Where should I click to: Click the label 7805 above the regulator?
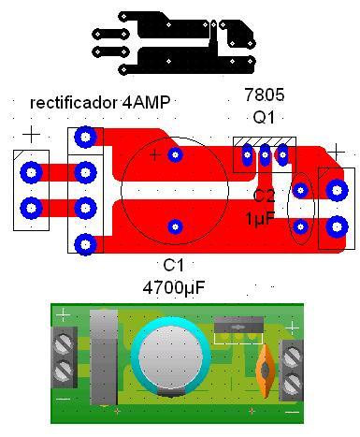coord(265,95)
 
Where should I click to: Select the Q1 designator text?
coord(264,118)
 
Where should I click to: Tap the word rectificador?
coord(74,102)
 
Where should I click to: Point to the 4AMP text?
coord(146,102)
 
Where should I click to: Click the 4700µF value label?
coord(174,288)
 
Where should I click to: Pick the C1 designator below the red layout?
coord(174,266)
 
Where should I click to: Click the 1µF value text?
coord(261,218)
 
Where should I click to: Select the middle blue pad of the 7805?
coord(265,154)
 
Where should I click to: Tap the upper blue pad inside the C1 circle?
coord(175,154)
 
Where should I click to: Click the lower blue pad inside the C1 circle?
coord(175,226)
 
